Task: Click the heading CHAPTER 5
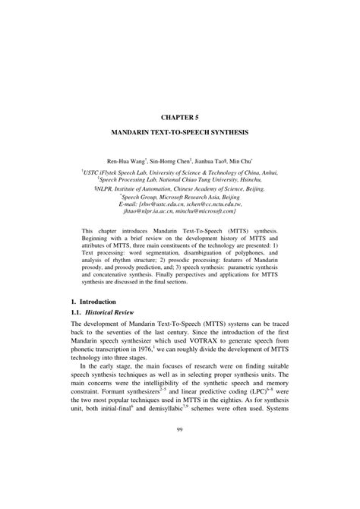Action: click(x=179, y=118)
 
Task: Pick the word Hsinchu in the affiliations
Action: click(x=248, y=180)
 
